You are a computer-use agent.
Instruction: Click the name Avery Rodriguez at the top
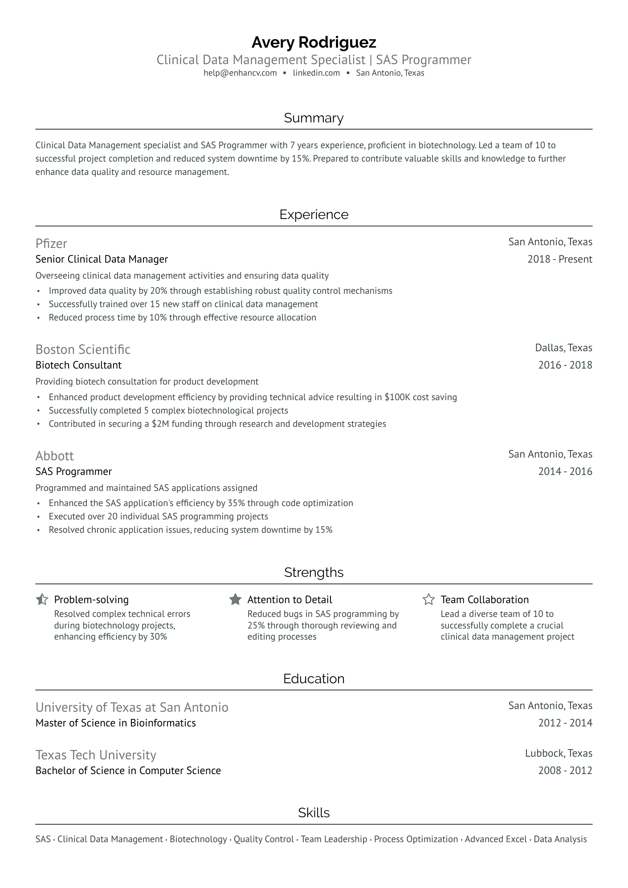314,42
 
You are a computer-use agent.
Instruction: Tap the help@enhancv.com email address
240,73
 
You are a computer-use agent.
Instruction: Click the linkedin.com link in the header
316,73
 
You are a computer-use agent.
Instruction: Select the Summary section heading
314,118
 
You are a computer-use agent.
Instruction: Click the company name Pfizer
51,243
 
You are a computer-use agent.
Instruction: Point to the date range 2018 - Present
559,259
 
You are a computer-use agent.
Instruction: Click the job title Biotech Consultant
78,365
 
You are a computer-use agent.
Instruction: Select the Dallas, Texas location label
563,348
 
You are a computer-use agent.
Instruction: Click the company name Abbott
54,456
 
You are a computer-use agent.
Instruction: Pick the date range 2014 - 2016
565,471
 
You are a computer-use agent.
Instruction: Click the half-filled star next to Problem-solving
42,599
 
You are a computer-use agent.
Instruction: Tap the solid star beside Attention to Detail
235,599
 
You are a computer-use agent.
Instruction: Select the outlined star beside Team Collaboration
428,599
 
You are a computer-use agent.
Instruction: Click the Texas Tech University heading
96,755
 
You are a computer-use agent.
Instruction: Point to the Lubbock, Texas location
559,753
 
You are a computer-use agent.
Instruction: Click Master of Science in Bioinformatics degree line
115,723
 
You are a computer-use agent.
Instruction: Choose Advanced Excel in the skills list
495,839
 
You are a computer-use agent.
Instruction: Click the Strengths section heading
314,572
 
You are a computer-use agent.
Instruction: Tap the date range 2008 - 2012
565,770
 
